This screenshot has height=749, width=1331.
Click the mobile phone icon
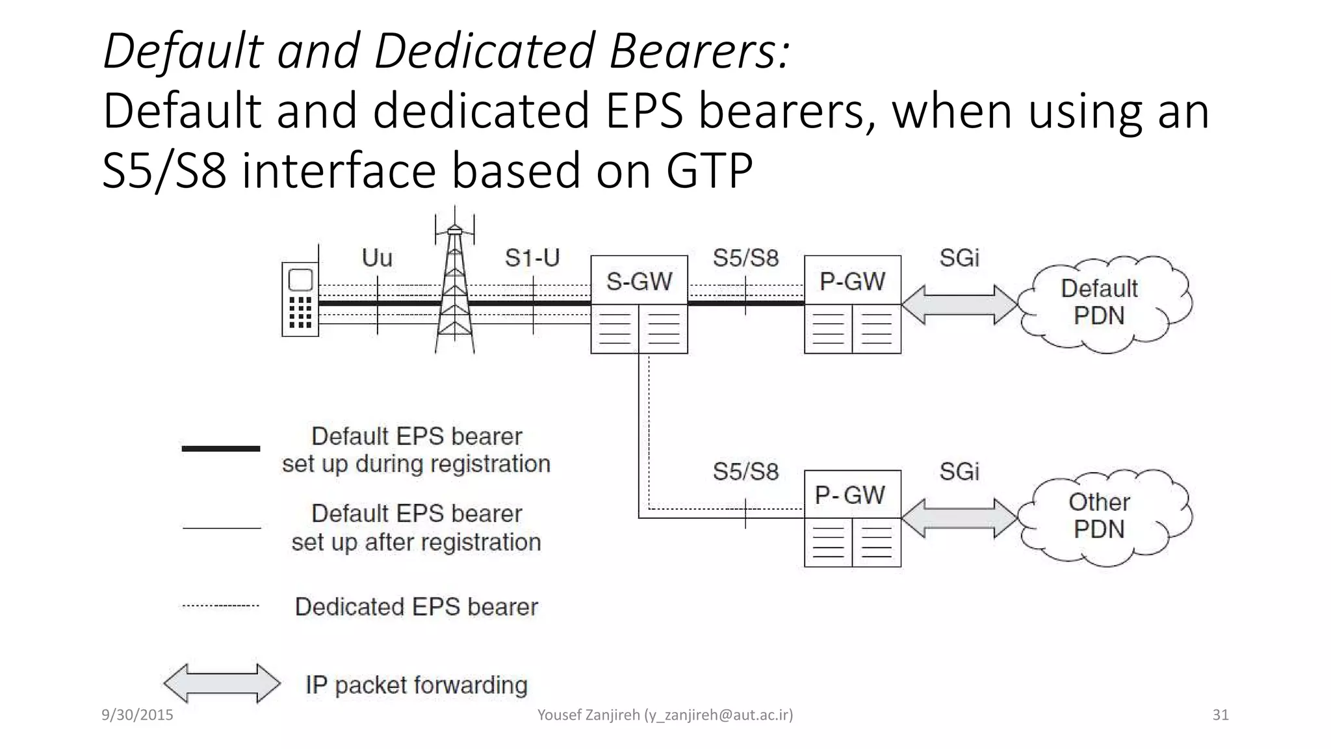(300, 299)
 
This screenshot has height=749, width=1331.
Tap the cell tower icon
(455, 286)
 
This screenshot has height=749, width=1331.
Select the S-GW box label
(639, 282)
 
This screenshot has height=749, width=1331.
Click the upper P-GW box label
(852, 282)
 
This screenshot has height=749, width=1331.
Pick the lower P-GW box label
(850, 495)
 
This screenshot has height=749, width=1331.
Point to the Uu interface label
(377, 258)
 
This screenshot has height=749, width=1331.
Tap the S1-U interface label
(532, 258)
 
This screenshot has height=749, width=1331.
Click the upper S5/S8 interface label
(745, 258)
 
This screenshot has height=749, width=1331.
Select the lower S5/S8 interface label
(745, 472)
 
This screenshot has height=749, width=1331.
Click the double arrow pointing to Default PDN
(959, 304)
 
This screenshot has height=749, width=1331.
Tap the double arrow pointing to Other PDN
(959, 518)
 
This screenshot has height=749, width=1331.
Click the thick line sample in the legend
(221, 449)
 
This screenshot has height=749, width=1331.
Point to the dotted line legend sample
(221, 605)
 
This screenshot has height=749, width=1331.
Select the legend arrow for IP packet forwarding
(222, 683)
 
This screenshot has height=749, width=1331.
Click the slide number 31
(1221, 715)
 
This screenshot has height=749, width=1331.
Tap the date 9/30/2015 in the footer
(137, 715)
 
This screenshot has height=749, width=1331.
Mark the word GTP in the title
(709, 170)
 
